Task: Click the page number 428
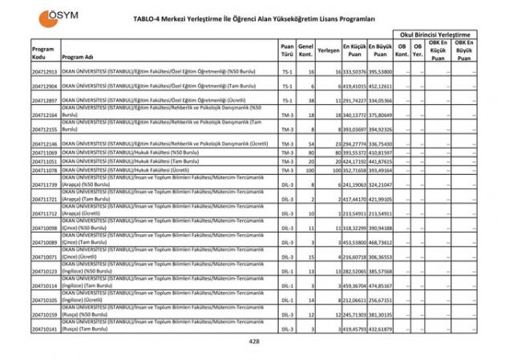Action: (x=255, y=342)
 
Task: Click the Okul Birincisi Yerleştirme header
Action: (x=438, y=35)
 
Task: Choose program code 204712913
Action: (x=45, y=71)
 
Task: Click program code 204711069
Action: (x=45, y=152)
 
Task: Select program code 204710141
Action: (x=45, y=330)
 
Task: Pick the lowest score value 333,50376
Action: (x=354, y=71)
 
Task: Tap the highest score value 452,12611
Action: (x=381, y=85)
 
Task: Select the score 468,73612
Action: (x=381, y=241)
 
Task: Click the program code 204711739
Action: (x=45, y=184)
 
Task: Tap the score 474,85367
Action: (x=381, y=285)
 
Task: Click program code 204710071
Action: (x=45, y=256)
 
